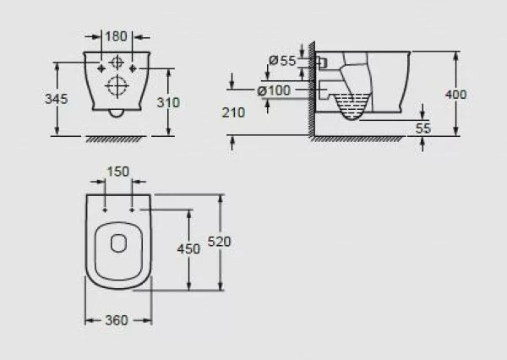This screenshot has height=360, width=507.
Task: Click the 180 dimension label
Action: (x=116, y=36)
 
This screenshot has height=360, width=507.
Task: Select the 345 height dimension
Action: (x=57, y=99)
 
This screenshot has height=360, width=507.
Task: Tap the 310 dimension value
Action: (x=168, y=102)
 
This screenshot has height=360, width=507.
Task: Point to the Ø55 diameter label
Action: (x=282, y=61)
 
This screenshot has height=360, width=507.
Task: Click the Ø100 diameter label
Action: (x=274, y=90)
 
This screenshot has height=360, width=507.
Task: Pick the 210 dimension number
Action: (x=233, y=112)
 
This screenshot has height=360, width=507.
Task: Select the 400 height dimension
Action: (x=456, y=95)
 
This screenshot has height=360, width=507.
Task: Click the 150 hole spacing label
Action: (x=118, y=172)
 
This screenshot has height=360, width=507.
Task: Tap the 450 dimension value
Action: (x=188, y=248)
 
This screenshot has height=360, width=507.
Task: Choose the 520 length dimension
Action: (x=219, y=242)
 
